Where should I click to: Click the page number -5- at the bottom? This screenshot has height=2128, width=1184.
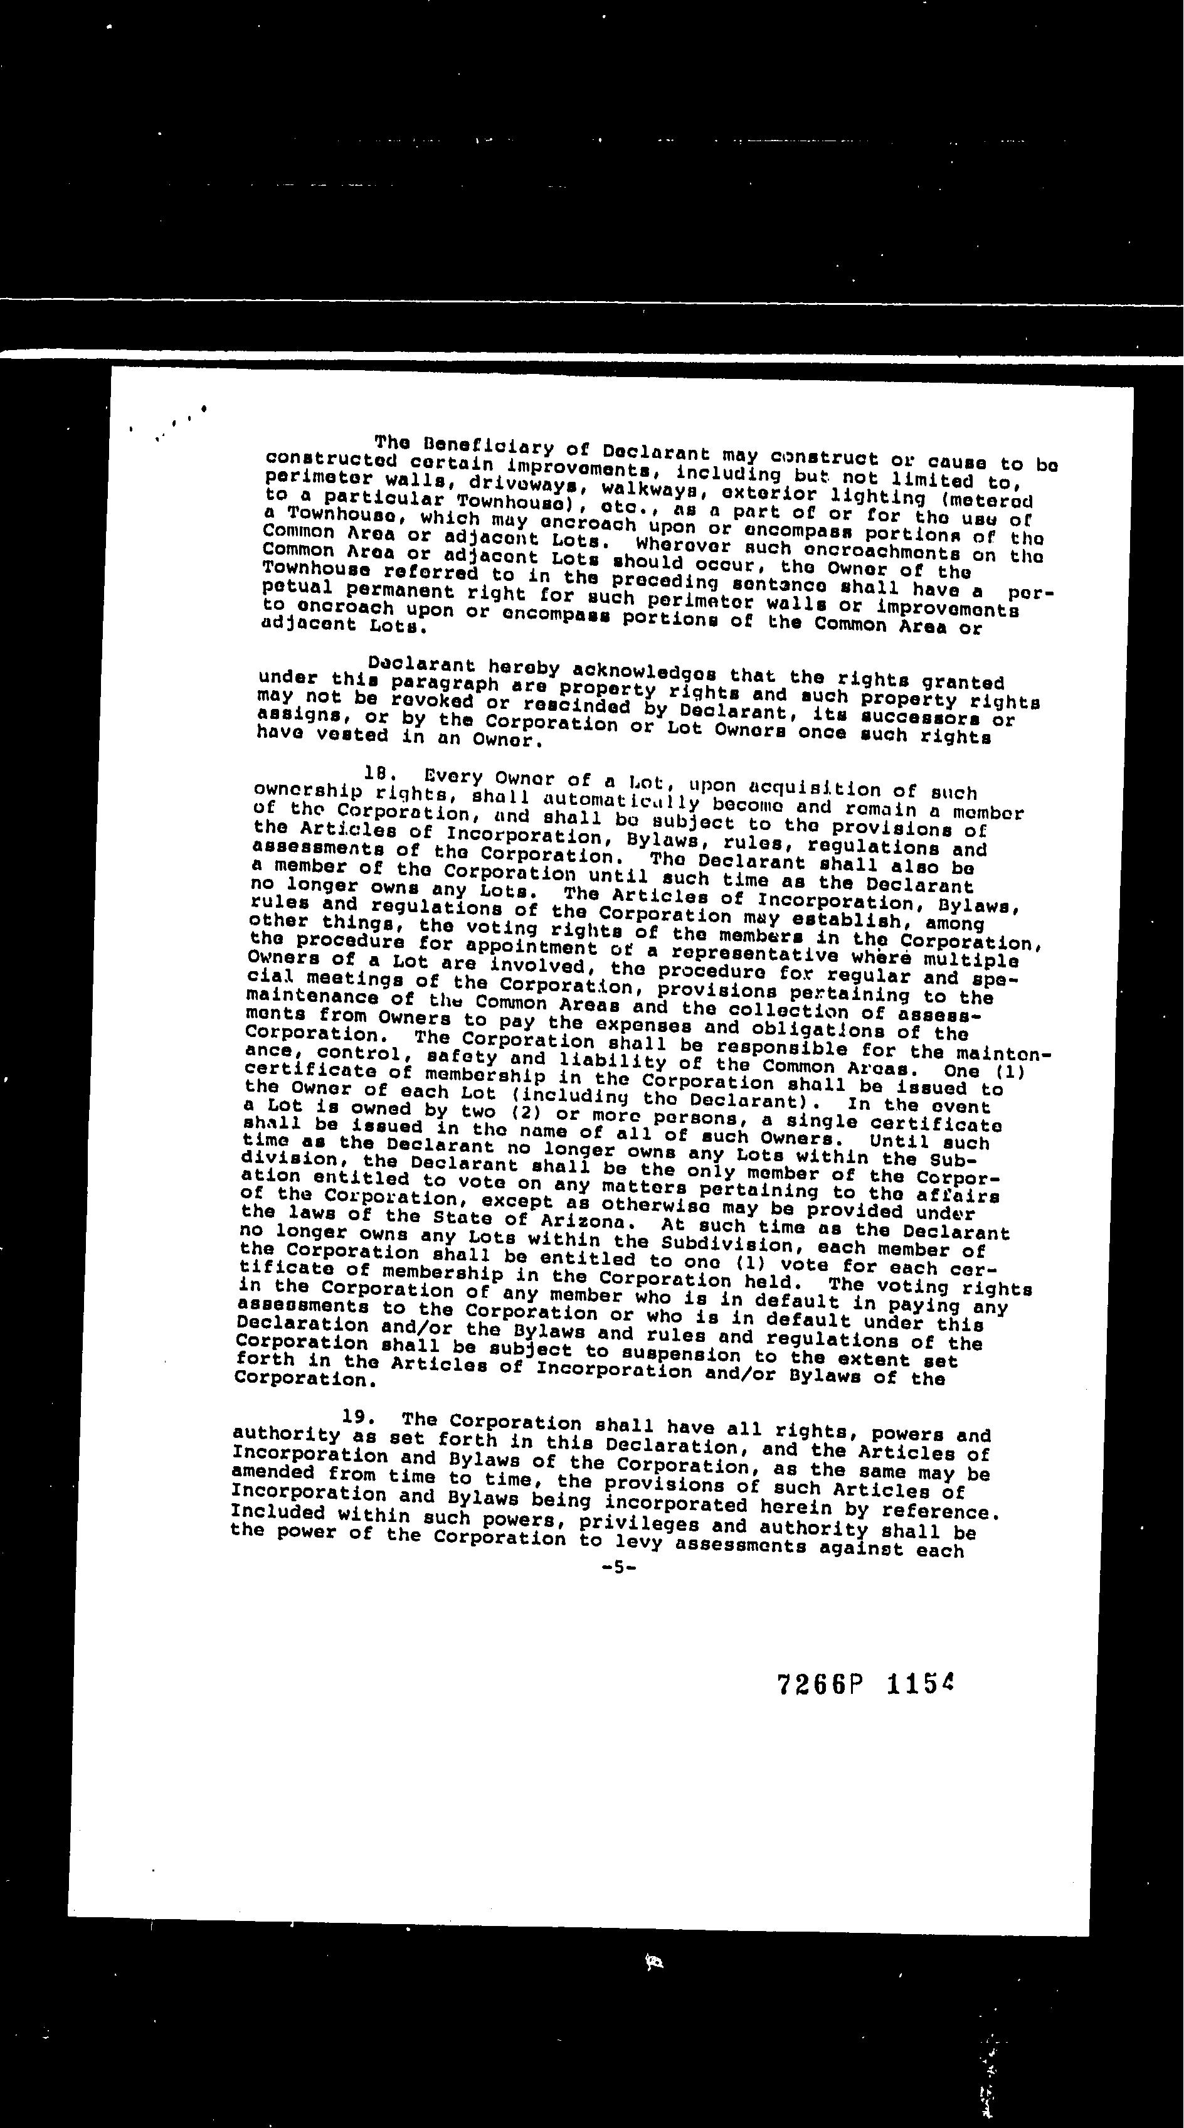pyautogui.click(x=618, y=1567)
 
